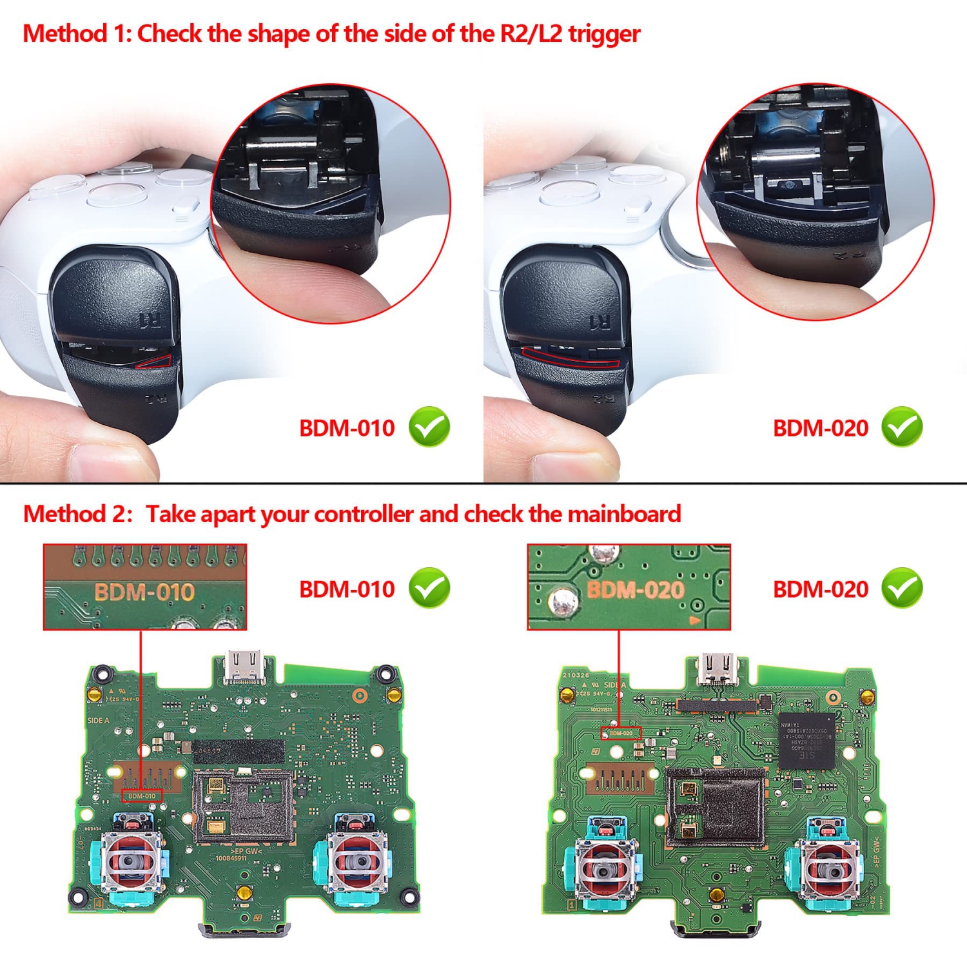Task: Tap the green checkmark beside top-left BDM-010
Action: click(x=429, y=427)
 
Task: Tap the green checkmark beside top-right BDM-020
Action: click(x=902, y=427)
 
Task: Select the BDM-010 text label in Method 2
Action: click(x=347, y=589)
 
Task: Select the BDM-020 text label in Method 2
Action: click(x=820, y=589)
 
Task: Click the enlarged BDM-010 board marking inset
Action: click(x=145, y=587)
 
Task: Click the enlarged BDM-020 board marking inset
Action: click(x=629, y=587)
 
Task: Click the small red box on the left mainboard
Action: click(x=142, y=796)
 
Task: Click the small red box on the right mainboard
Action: click(x=621, y=733)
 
